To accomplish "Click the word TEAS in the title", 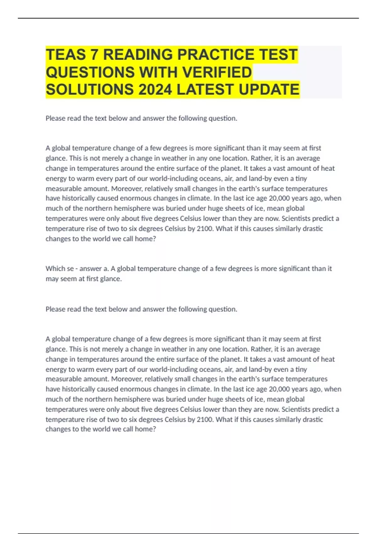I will tap(66, 55).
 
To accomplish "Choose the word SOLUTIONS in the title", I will tap(90, 90).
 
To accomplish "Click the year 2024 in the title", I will tap(155, 90).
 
